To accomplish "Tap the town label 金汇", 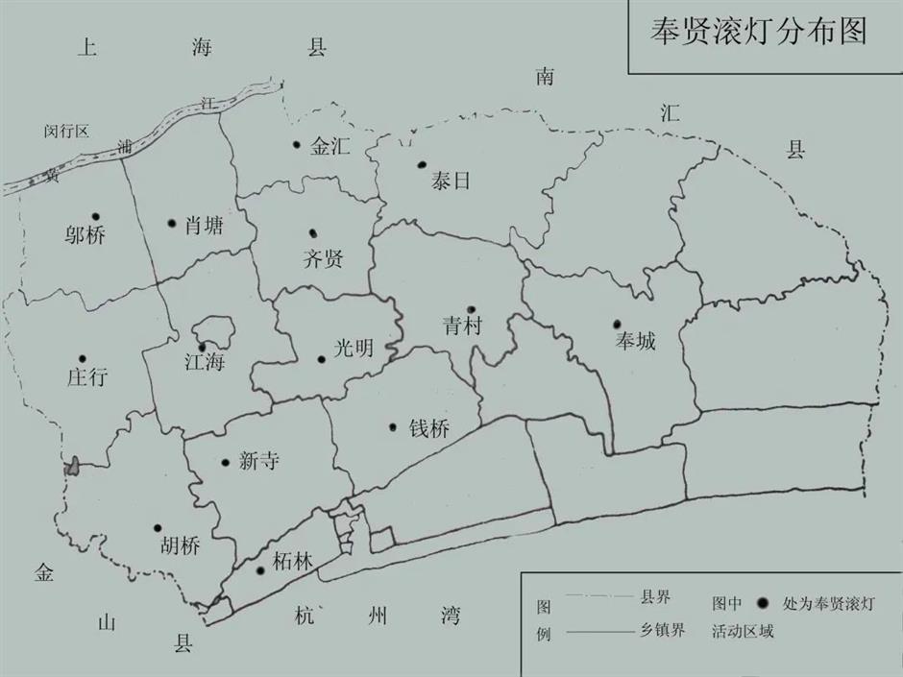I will click(x=330, y=147).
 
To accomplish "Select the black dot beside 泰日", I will click(x=421, y=164).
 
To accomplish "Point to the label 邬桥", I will click(x=86, y=235).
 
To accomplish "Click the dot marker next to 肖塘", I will click(x=171, y=224).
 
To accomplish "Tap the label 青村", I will click(x=462, y=326).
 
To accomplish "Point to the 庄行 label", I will click(x=87, y=377).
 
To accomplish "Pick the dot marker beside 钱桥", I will click(x=392, y=427).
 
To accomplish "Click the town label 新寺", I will click(x=258, y=462).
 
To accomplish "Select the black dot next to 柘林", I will click(x=260, y=570).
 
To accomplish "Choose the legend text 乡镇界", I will click(x=663, y=631).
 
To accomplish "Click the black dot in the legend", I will click(x=763, y=603).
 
